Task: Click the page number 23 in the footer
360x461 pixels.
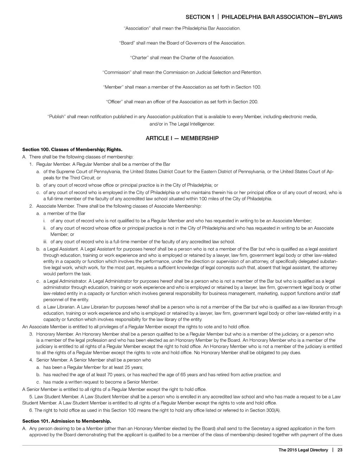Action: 340,450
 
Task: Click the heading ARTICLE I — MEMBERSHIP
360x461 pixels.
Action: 182,138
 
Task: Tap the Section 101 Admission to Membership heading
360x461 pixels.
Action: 66,421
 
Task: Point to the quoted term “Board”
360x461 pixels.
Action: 127,43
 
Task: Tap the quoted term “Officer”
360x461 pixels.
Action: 114,102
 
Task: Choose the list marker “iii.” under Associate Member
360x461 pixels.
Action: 45,242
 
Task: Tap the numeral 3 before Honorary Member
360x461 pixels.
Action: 31,334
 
